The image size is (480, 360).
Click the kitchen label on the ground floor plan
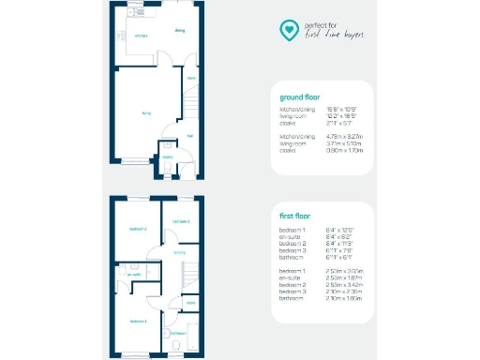point(141,37)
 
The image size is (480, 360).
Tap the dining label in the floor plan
point(179,31)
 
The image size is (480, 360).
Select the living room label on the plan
point(146,112)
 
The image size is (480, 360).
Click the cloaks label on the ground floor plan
point(168,157)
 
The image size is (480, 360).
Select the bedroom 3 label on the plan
point(181,221)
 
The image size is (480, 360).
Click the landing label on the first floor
point(178,251)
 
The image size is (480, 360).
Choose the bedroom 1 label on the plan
point(137,321)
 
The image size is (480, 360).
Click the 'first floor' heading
point(296,216)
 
